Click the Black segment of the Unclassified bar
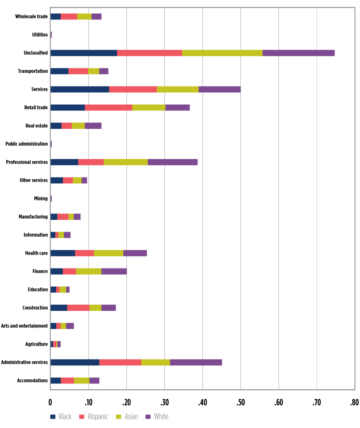pyautogui.click(x=84, y=53)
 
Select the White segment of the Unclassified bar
pyautogui.click(x=298, y=53)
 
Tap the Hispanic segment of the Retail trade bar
pyautogui.click(x=108, y=107)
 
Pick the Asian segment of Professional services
pyautogui.click(x=126, y=162)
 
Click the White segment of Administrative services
pyautogui.click(x=196, y=362)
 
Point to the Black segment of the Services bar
pyautogui.click(x=80, y=89)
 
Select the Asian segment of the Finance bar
pyautogui.click(x=89, y=271)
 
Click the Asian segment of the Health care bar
pyautogui.click(x=108, y=253)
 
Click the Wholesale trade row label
pyautogui.click(x=31, y=17)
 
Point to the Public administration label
pyautogui.click(x=27, y=144)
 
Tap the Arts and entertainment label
pyautogui.click(x=25, y=326)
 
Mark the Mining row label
pyautogui.click(x=40, y=199)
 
